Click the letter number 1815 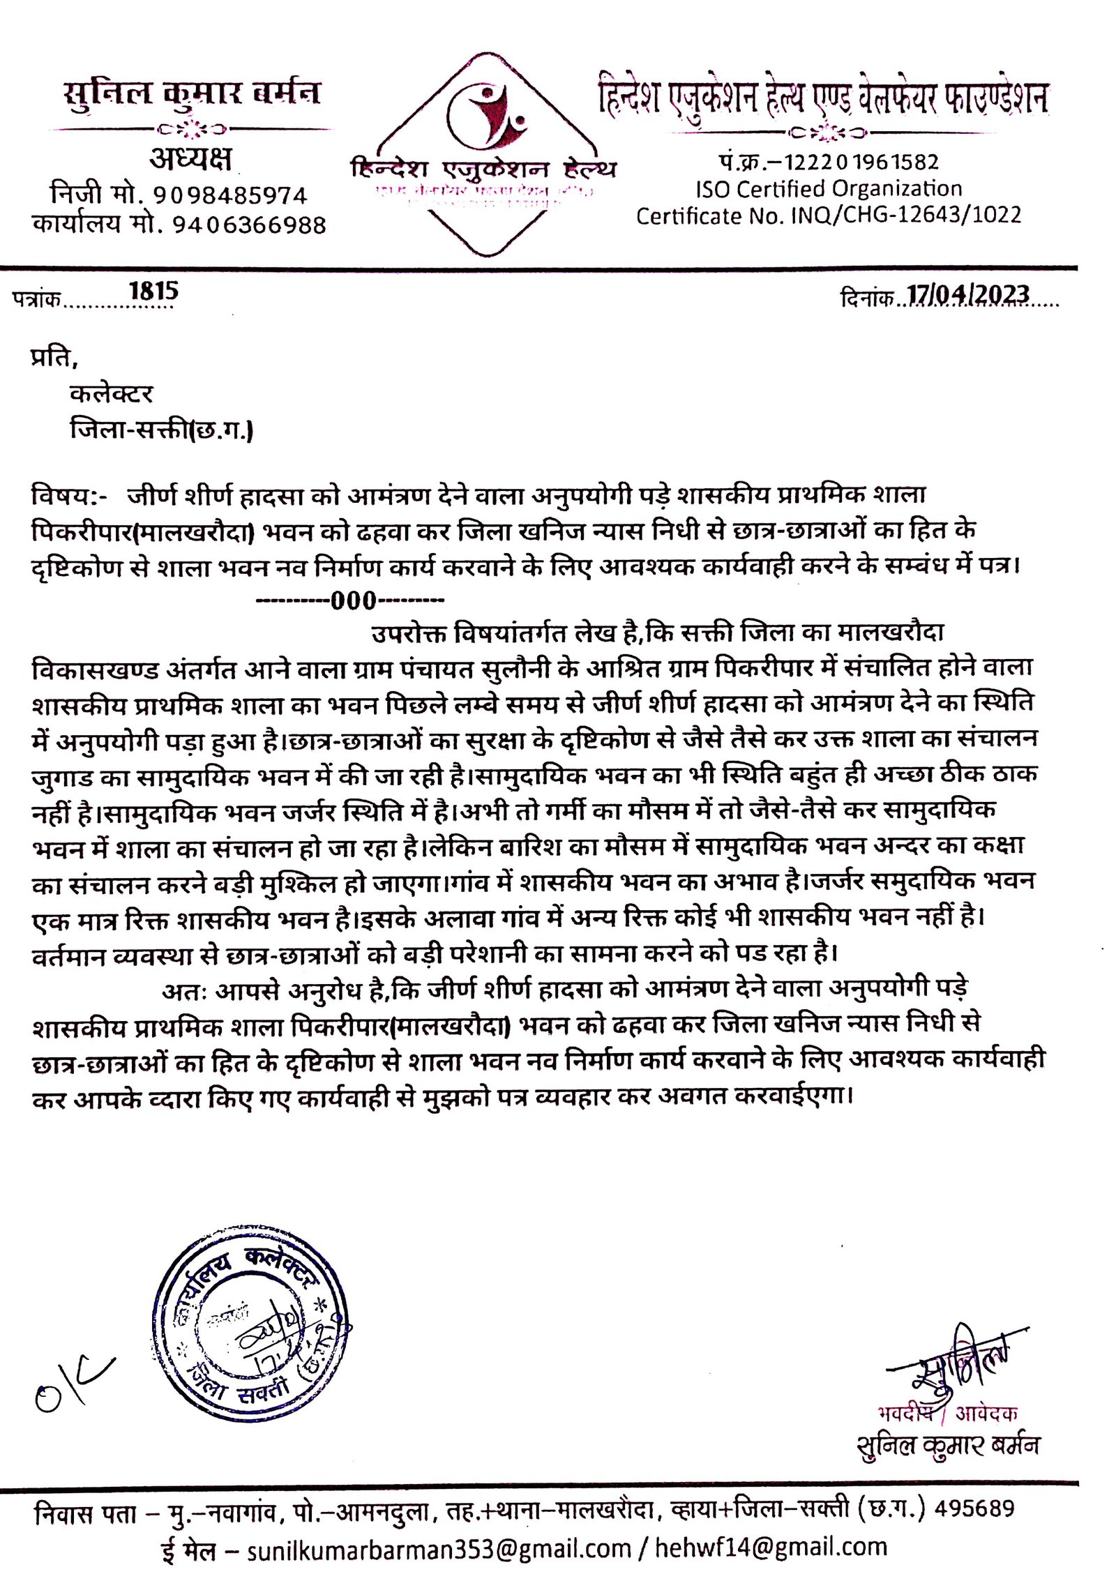click(153, 291)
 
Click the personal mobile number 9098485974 click(230, 195)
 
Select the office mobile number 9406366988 click(249, 225)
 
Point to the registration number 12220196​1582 click(861, 162)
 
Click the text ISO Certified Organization click(828, 189)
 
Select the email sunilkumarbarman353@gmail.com click(439, 1548)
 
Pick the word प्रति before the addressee click(53, 357)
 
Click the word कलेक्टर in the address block click(111, 394)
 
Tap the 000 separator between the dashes click(354, 600)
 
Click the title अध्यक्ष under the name click(190, 158)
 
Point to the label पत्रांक click(36, 299)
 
